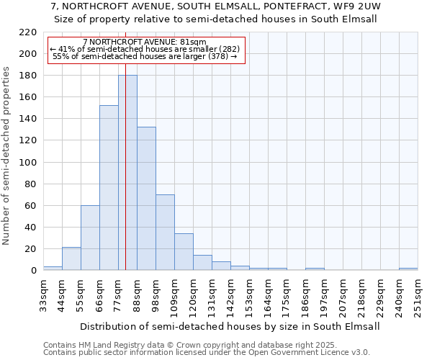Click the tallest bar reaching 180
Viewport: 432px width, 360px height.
[x=127, y=173]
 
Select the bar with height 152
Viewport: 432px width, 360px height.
[x=109, y=188]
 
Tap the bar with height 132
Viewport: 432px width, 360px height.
[x=146, y=199]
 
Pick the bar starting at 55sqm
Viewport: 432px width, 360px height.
[x=90, y=238]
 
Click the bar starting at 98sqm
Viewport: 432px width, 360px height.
[x=165, y=233]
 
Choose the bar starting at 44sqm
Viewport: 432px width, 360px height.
[x=71, y=258]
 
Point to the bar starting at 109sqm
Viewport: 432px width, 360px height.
[x=184, y=252]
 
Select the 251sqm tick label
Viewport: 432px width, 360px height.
[x=418, y=294]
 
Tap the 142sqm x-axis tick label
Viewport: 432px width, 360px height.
[x=231, y=294]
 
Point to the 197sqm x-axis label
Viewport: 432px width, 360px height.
[x=325, y=294]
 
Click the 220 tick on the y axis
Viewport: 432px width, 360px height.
[x=28, y=32]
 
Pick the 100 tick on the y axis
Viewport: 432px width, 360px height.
[x=28, y=162]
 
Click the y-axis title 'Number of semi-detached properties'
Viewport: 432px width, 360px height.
[x=7, y=156]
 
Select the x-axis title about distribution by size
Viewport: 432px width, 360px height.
[x=229, y=326]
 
